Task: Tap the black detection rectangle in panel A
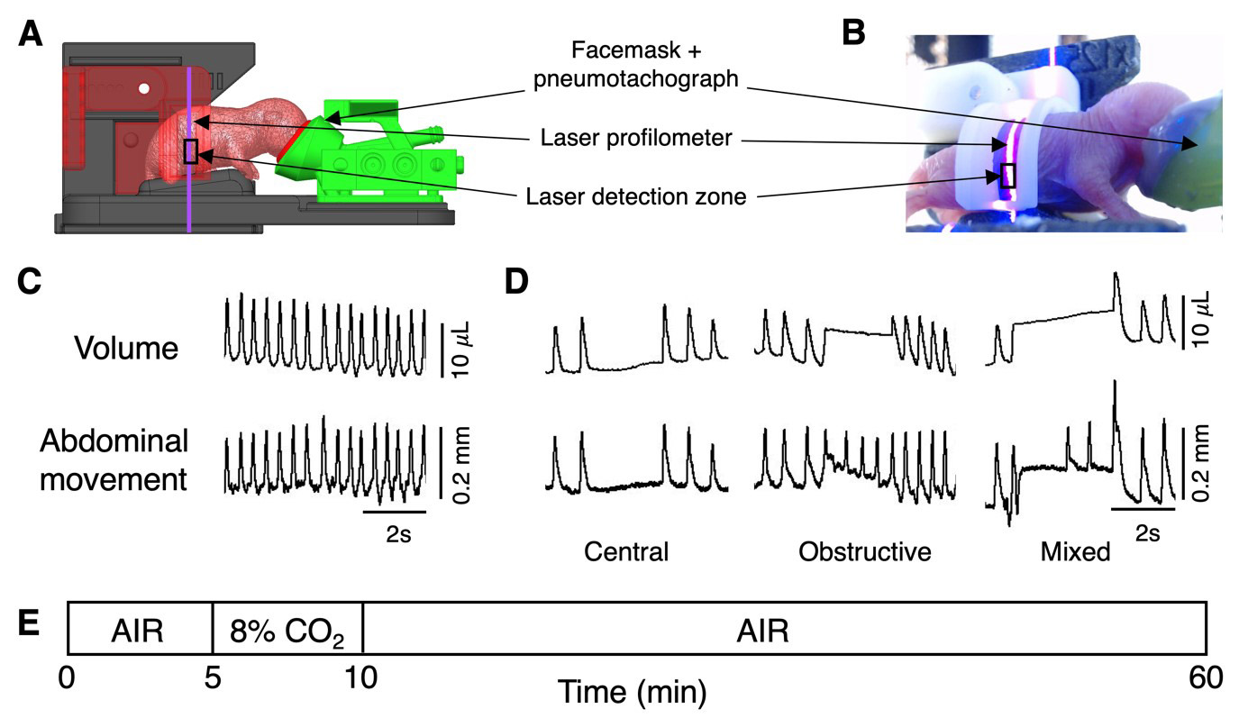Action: click(190, 151)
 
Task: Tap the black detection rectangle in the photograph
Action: click(1008, 175)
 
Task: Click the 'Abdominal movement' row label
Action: click(114, 459)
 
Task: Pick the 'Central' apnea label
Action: click(626, 551)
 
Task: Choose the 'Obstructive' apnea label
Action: click(864, 551)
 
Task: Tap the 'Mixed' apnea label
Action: click(1075, 551)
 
